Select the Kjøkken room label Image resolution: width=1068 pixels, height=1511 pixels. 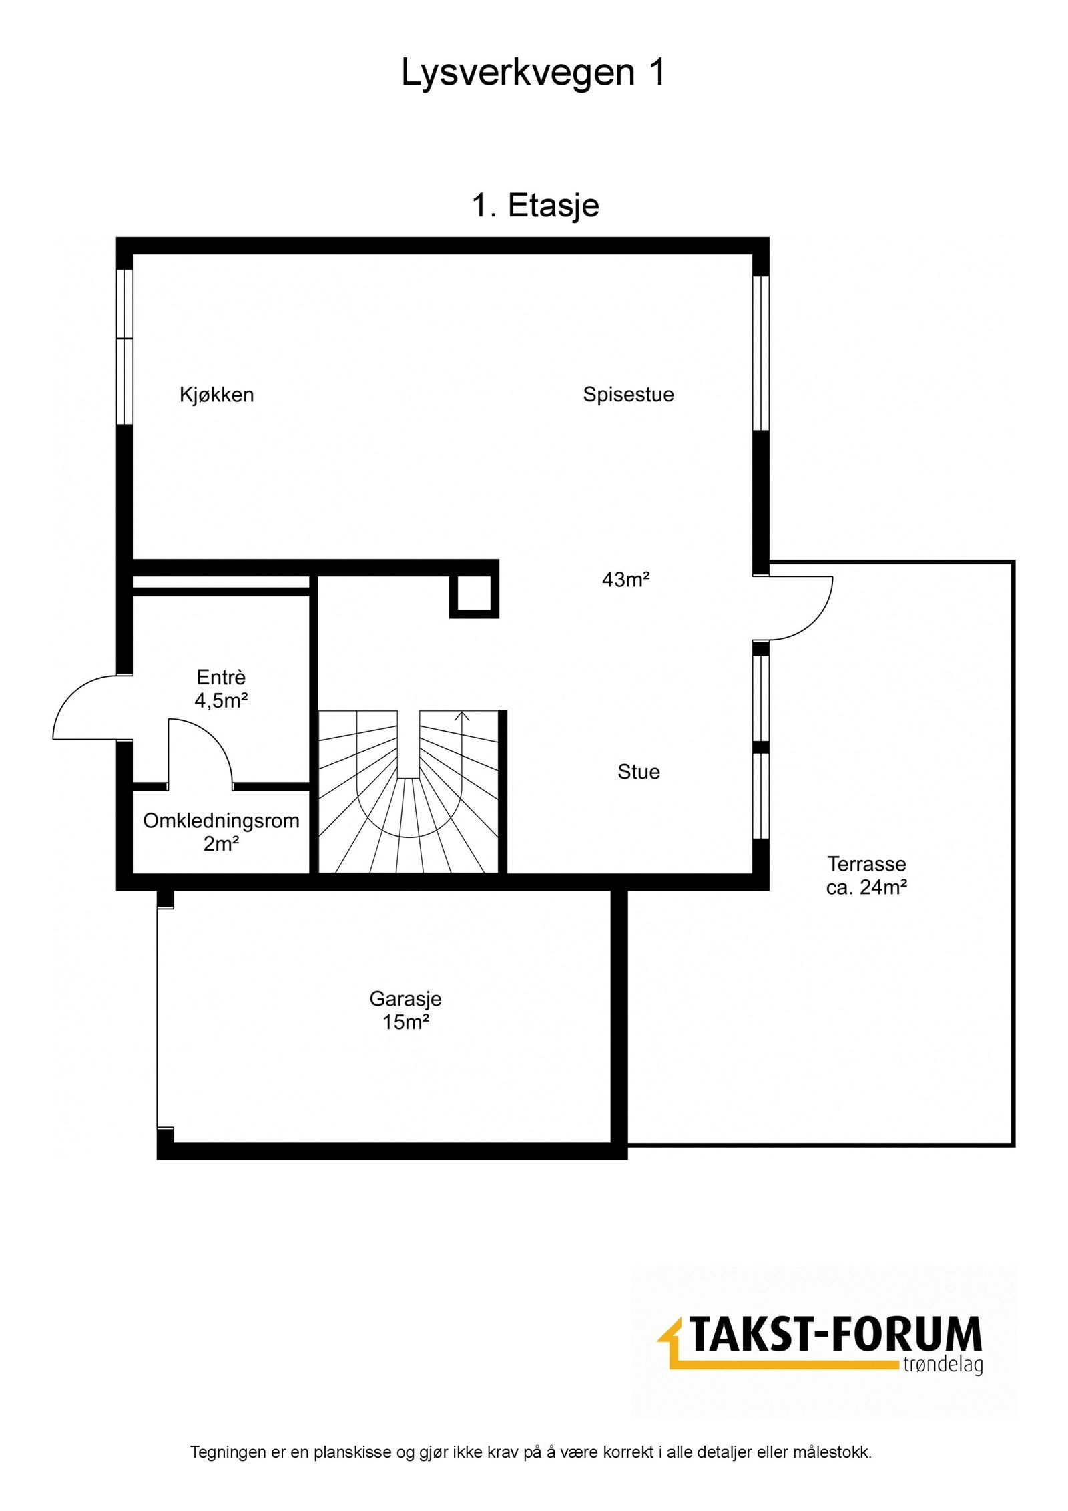pos(216,395)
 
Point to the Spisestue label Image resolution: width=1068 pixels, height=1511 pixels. pos(628,395)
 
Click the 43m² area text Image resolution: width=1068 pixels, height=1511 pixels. pos(625,580)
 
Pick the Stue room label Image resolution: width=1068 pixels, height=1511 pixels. pos(639,772)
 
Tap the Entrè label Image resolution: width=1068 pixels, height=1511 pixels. pos(221,677)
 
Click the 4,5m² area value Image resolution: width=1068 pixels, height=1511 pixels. pos(221,700)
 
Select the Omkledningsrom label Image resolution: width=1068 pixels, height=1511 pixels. pos(221,821)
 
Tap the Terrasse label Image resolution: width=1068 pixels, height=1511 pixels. pos(866,864)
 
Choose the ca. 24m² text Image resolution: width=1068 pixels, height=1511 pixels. pos(866,887)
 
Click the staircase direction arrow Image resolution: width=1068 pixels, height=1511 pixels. pos(462,716)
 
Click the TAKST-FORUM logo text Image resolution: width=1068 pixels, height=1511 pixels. pos(834,1335)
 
